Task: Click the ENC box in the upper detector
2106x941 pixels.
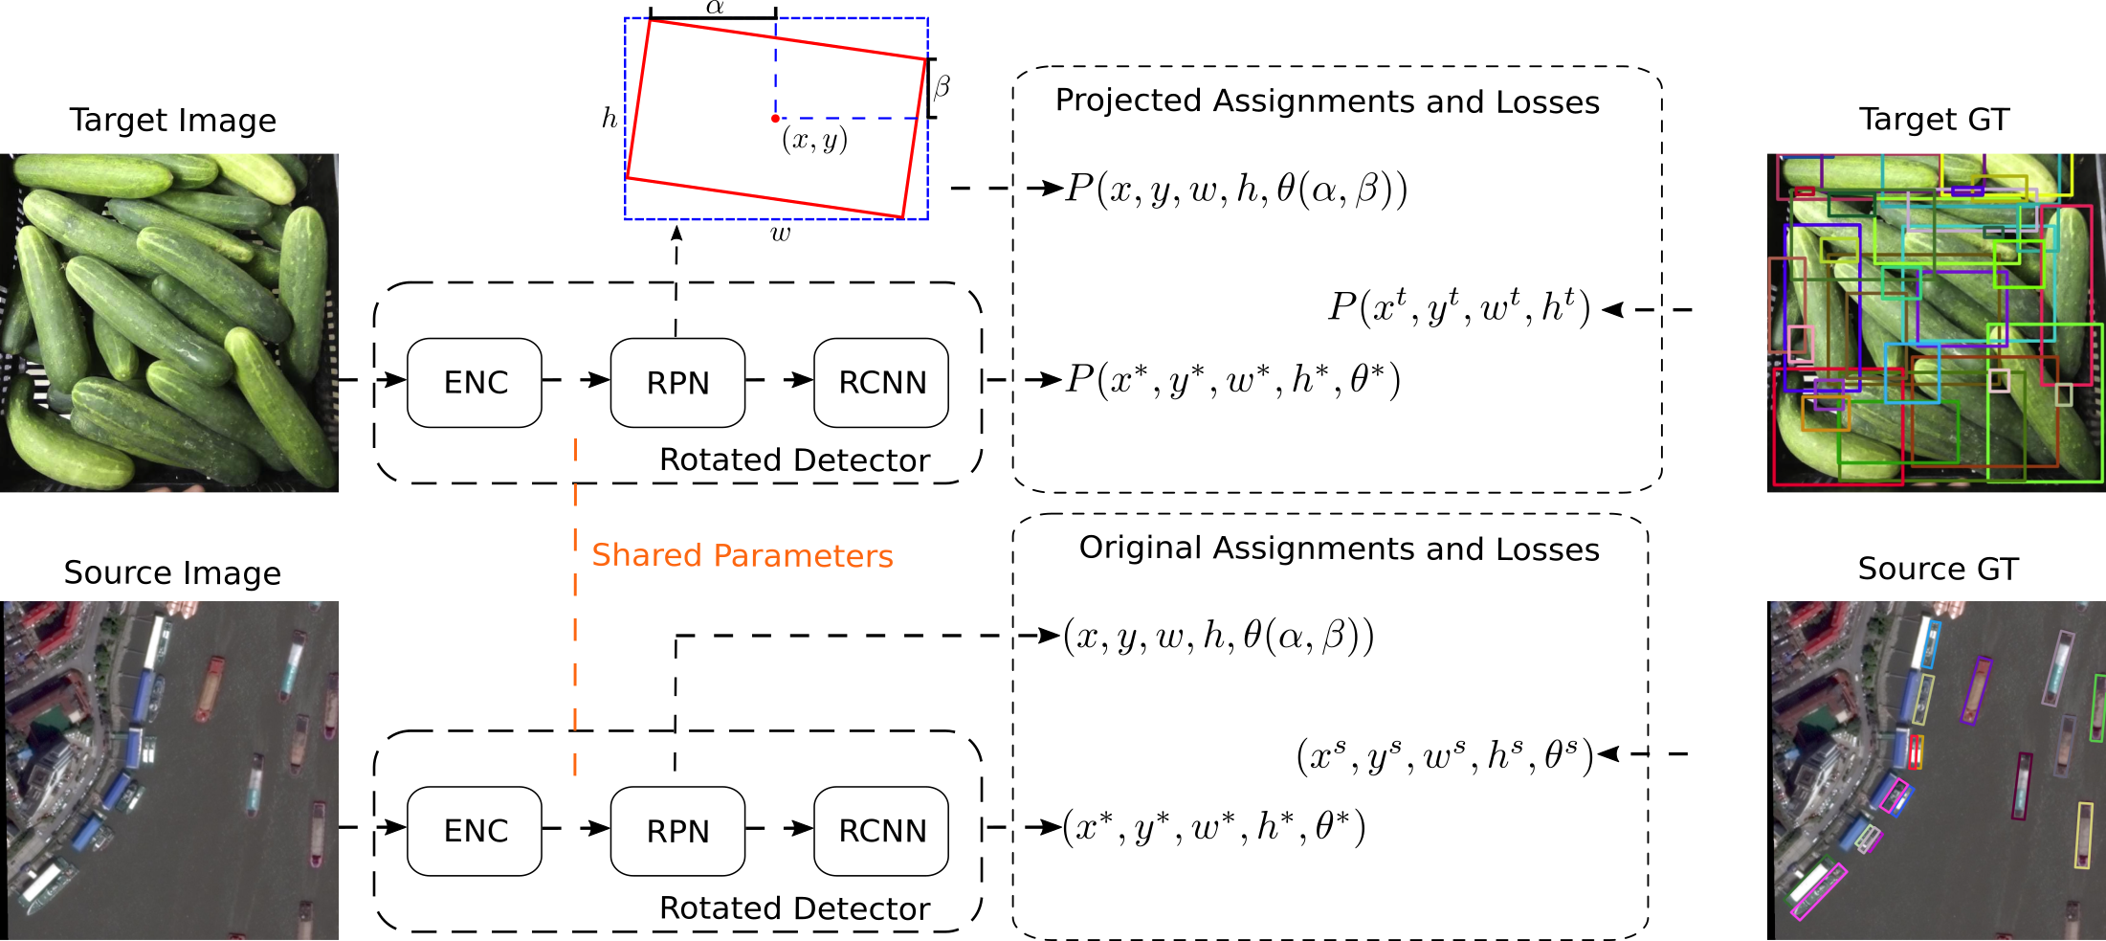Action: tap(475, 383)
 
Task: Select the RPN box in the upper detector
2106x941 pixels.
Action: tap(677, 383)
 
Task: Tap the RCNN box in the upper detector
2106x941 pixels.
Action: tap(881, 383)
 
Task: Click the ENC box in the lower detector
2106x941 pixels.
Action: tap(475, 831)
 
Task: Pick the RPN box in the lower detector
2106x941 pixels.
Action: tap(677, 831)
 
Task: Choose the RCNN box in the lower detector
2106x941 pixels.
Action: tap(881, 831)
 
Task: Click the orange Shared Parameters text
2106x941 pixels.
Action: tap(742, 555)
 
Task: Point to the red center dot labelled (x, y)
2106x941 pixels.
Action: tap(775, 119)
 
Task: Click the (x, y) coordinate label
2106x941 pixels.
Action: tap(814, 140)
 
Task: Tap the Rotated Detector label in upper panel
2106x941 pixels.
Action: tap(794, 460)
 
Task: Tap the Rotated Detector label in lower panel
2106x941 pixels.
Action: tap(794, 908)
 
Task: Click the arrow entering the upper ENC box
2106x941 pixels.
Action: tap(391, 380)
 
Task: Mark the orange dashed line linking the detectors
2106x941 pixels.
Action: tap(575, 613)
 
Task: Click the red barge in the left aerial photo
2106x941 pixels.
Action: tap(210, 688)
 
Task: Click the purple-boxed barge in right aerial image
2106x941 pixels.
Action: tap(1976, 689)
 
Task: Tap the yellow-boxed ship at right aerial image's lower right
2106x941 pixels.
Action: tap(2083, 836)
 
